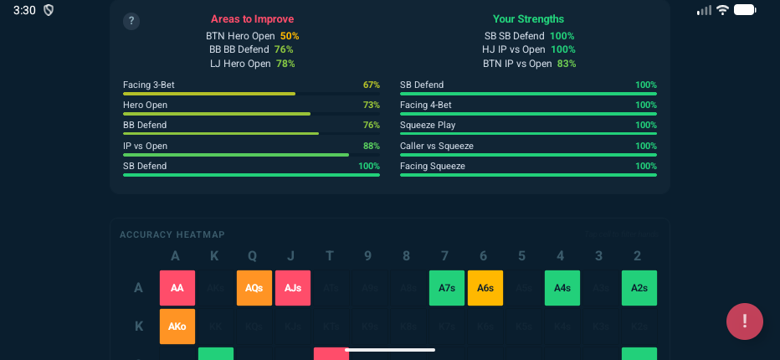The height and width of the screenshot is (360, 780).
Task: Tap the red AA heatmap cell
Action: point(177,287)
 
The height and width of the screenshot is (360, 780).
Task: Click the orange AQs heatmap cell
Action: point(254,287)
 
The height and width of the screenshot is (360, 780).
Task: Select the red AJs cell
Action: point(293,287)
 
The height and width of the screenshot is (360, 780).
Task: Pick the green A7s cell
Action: point(447,287)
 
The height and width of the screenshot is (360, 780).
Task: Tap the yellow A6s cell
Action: point(485,287)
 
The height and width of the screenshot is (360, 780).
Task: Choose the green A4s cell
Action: point(562,287)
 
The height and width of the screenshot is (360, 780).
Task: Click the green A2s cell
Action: point(639,287)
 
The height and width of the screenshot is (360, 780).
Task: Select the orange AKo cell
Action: point(177,326)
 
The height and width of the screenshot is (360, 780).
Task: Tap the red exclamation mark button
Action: point(744,321)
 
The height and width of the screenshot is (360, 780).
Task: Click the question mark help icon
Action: point(131,22)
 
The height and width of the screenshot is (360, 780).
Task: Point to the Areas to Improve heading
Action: point(252,19)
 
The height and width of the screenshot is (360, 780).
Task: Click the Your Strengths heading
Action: point(528,19)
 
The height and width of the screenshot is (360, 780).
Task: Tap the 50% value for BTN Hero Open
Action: point(290,36)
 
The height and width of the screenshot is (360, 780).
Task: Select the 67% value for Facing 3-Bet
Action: point(372,85)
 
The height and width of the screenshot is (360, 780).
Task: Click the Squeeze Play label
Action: point(428,125)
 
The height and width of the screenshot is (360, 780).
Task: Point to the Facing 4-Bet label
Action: point(426,105)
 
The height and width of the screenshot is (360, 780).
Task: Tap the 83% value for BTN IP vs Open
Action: point(566,64)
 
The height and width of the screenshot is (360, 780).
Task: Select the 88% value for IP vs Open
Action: point(372,146)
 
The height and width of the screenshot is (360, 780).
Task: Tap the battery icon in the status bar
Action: point(745,10)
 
